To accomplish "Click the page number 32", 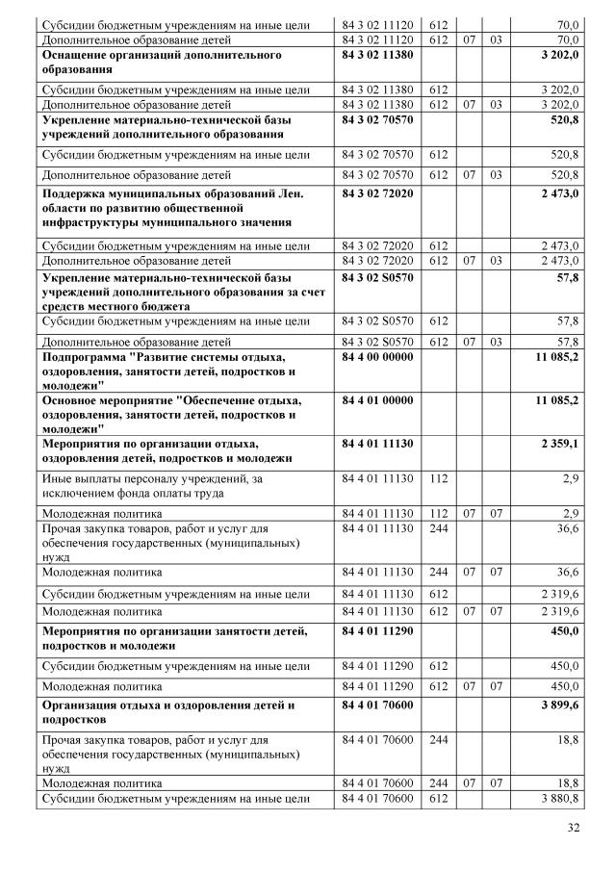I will (574, 829).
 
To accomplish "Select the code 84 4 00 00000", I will (377, 357).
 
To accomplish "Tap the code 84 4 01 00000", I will (377, 399).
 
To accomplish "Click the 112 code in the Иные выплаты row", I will (439, 478).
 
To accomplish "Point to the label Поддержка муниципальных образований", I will (173, 207).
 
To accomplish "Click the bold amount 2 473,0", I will (558, 193).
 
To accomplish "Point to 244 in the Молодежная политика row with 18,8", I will (439, 784).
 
